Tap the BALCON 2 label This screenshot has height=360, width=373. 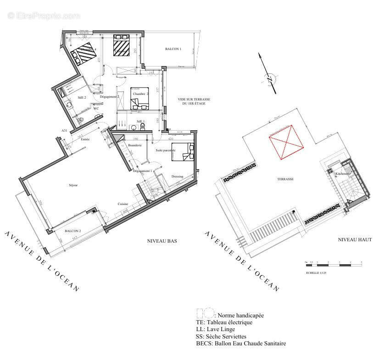[x=73, y=231]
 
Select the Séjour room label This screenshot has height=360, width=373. [x=73, y=185]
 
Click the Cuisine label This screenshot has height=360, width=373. [x=122, y=204]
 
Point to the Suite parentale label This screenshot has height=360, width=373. [x=165, y=150]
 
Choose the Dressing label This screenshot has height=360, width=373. [x=177, y=176]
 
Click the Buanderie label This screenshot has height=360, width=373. [x=135, y=145]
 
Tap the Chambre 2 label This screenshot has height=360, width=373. [x=140, y=94]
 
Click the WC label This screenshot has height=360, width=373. [x=96, y=109]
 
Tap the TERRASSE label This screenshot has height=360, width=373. [x=285, y=179]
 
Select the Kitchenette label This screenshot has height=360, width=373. [x=343, y=174]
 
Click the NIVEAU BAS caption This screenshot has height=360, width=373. [x=162, y=240]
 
